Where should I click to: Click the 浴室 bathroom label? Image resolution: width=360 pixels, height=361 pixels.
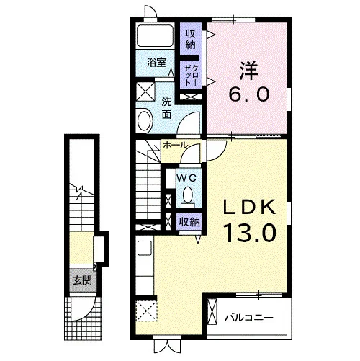(156, 63)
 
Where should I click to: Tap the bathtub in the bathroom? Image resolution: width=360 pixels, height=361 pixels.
(156, 35)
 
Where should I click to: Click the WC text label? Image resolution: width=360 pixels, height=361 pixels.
(186, 178)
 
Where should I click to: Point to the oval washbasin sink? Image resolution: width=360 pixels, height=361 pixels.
(145, 120)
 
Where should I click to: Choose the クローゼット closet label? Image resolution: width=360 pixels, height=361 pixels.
(191, 75)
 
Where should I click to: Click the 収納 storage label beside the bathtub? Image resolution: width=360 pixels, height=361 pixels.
(191, 40)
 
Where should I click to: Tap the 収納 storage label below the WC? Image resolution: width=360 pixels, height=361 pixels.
(190, 222)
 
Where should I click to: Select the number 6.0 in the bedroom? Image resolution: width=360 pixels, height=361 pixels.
(249, 94)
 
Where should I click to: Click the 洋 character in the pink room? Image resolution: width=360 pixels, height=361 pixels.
(249, 71)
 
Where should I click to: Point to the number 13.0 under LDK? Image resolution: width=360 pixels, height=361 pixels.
(250, 233)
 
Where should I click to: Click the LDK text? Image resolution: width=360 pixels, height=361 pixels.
(250, 208)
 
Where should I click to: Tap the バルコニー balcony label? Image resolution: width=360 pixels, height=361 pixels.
(249, 318)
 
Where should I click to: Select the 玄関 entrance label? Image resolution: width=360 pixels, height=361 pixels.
(83, 280)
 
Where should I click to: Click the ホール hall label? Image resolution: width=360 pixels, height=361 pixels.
(175, 145)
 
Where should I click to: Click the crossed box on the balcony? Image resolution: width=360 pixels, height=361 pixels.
(212, 311)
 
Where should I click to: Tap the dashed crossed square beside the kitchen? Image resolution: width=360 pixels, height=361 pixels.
(147, 311)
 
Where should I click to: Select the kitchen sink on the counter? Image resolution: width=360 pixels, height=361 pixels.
(145, 248)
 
